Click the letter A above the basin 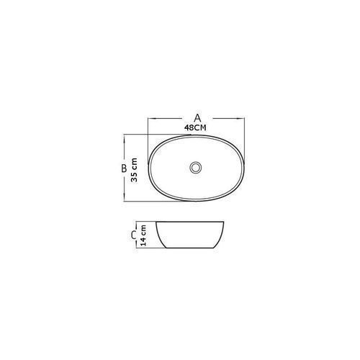[x=197, y=118]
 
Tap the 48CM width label [x=195, y=127]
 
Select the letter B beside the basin [x=124, y=168]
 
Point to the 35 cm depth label [x=134, y=170]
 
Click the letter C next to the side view [x=133, y=235]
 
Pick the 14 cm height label [x=143, y=235]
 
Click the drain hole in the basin [x=196, y=167]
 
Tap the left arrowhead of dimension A [x=152, y=118]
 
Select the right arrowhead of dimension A [x=240, y=118]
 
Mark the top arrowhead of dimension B [x=124, y=139]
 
